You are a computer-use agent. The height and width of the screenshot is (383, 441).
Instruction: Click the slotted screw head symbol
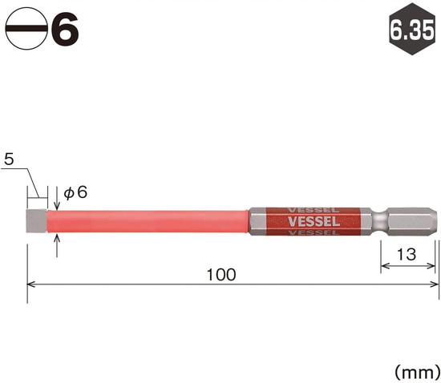26,29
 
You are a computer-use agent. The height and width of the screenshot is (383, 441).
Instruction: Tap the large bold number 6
65,29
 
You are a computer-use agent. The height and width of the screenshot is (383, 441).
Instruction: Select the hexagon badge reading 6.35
412,29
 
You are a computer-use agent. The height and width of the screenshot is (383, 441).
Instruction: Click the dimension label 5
9,159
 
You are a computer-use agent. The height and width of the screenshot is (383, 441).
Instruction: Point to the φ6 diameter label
75,193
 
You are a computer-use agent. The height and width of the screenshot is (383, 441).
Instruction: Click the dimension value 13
407,254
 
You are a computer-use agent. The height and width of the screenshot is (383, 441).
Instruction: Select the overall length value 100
221,275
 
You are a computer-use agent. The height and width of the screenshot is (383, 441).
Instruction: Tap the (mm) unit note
418,373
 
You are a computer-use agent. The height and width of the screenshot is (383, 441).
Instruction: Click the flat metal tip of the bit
37,221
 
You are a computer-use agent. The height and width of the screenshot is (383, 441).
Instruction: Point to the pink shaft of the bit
148,221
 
